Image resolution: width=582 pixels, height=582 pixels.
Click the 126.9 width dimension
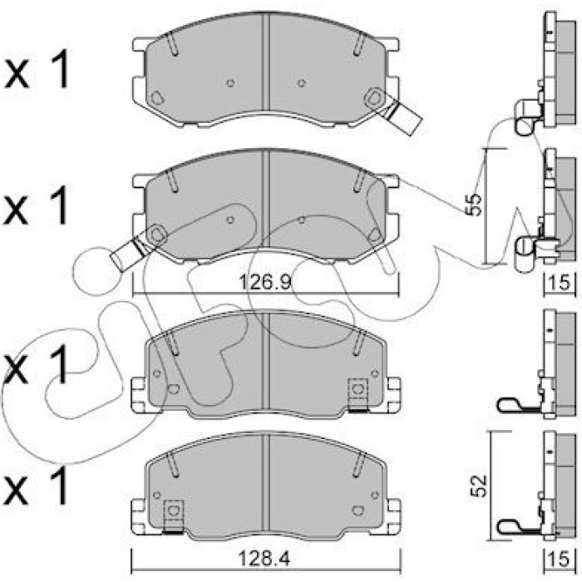tap(264, 283)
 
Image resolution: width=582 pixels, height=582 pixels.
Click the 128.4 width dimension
tap(264, 559)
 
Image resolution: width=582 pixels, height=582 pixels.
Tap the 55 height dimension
tap(474, 204)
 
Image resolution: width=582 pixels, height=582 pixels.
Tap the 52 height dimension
tap(478, 486)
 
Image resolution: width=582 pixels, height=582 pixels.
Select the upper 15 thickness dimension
tap(559, 283)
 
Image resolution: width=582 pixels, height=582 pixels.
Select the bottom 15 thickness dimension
tap(559, 559)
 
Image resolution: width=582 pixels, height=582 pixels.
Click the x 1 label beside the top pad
tap(37, 69)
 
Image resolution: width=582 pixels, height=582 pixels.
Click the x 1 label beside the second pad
tap(37, 205)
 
